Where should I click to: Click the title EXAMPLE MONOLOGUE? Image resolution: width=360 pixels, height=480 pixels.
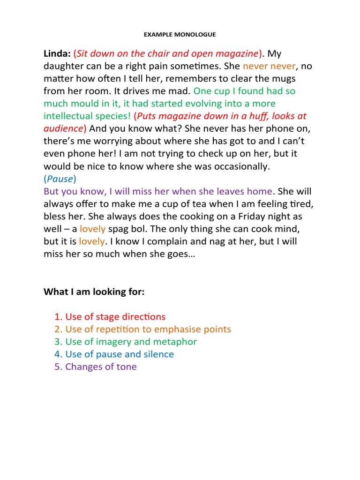180,34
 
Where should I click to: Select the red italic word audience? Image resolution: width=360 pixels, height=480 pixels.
63,128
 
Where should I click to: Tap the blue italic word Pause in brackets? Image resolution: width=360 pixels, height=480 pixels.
60,179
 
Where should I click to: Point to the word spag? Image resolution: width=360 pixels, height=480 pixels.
120,229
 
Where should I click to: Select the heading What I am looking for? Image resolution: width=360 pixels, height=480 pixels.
94,292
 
